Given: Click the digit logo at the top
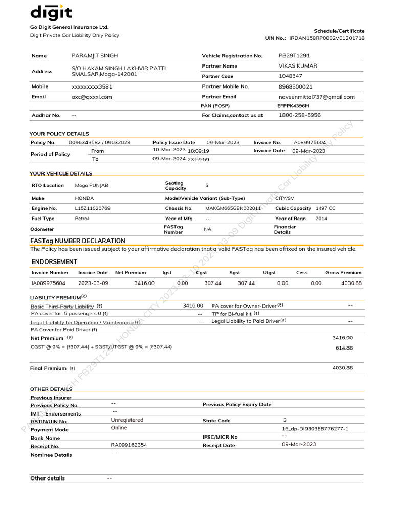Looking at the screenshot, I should pos(51,12).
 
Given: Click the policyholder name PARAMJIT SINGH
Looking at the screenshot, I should pos(95,55).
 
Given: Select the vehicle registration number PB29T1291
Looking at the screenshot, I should pos(294,55).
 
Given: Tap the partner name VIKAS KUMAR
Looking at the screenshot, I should pos(297,65).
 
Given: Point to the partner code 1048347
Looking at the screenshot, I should pos(290,76).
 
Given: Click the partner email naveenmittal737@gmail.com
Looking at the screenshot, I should pos(316,97).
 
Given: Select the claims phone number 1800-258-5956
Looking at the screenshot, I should pos(299,115).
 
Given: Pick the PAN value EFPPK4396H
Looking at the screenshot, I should pos(293,106).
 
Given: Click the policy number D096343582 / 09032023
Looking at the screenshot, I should pos(99,142).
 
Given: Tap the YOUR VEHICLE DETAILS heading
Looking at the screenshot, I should pos(61,173).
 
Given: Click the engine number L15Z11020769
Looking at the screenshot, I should pos(93,208).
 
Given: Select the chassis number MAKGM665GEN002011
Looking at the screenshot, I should pos(233,208).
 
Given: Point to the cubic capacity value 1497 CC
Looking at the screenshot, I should pos(325,208).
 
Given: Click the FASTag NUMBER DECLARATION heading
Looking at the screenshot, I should pos(78,241).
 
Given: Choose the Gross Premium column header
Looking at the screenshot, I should pos(343,273).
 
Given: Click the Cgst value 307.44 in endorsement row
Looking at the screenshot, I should pos(213,283).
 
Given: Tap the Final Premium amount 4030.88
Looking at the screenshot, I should pos(342,368).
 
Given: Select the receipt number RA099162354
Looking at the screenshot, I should pos(128,445).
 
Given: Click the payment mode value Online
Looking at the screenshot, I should pos(119,428).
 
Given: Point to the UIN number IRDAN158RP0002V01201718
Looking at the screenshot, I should pos(326,38).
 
